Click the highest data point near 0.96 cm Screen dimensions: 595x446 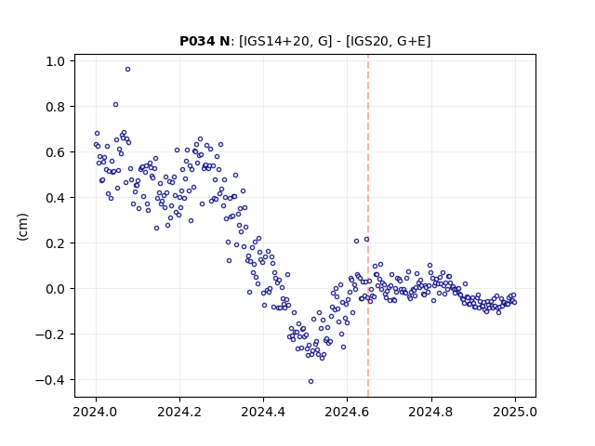click(128, 70)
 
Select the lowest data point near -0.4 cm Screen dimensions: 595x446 click(311, 382)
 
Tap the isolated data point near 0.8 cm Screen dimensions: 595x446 click(115, 105)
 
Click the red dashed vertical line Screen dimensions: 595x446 click(368, 226)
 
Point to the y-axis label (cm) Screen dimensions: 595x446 click(22, 227)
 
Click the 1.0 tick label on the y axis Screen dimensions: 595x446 click(56, 61)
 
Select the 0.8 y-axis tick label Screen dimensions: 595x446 click(56, 107)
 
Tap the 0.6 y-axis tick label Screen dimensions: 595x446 click(56, 152)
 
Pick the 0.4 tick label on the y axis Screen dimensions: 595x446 click(56, 198)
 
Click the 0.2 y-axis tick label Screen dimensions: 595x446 click(56, 243)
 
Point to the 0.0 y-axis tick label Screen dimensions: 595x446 click(56, 289)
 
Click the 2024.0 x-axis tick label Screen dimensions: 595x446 click(96, 412)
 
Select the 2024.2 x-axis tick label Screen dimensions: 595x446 click(179, 412)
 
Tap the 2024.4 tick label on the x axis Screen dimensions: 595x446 click(263, 412)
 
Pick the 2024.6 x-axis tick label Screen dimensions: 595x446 click(347, 412)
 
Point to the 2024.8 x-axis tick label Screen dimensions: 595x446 click(430, 412)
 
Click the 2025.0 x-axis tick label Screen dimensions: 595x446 click(515, 412)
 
